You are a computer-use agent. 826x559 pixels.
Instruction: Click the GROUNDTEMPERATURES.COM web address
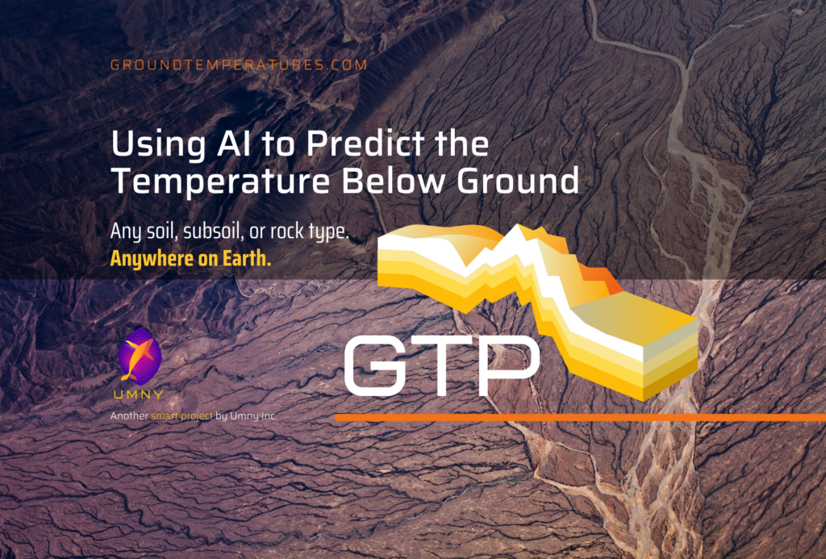tap(239, 65)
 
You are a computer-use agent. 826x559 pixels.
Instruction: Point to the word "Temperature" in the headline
tap(221, 181)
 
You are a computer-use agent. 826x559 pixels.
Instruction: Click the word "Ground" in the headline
tap(518, 181)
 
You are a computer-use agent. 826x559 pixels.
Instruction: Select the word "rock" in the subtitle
tap(288, 232)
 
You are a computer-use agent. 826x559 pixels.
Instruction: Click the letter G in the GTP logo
tap(375, 365)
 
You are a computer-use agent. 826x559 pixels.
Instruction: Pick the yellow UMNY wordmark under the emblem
tap(139, 394)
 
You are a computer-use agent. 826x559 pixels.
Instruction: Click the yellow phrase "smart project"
tap(181, 416)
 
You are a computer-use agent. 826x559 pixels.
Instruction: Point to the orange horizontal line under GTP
tap(580, 418)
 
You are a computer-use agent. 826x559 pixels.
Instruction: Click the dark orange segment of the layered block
tap(600, 277)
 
